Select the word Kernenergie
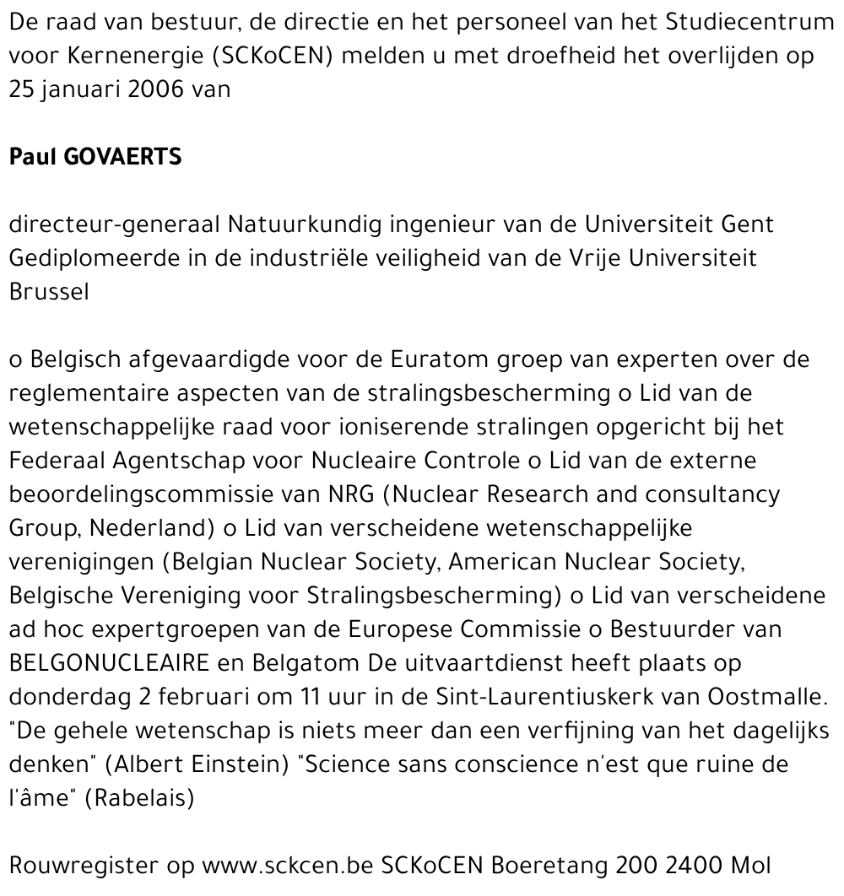(x=116, y=56)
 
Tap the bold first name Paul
(x=30, y=158)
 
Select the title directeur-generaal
(x=116, y=225)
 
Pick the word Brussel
(x=48, y=293)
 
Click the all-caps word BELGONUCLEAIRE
(x=109, y=663)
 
